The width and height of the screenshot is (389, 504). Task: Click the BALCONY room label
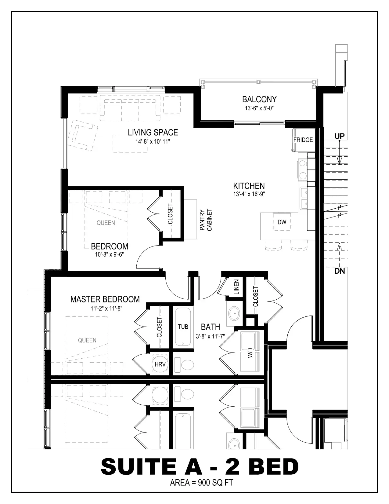259,100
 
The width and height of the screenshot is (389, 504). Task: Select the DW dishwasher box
282,222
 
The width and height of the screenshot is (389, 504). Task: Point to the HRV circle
160,364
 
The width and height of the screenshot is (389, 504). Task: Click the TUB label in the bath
183,327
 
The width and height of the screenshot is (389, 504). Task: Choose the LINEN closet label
236,287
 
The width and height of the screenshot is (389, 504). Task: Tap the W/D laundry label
250,352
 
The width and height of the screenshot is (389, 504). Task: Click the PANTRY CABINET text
206,220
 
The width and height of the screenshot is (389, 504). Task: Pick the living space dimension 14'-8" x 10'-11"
153,141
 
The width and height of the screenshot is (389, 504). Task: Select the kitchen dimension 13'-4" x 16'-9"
249,194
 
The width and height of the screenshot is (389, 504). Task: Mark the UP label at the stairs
339,136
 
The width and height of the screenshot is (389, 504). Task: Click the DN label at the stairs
339,271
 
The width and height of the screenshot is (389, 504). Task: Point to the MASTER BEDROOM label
105,299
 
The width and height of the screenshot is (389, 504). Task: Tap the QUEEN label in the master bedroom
87,340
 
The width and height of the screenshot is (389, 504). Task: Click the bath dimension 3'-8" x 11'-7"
211,336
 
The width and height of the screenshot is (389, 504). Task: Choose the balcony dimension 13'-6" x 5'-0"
259,108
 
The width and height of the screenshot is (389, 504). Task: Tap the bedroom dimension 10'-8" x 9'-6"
109,254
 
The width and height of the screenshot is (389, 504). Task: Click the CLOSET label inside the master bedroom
159,327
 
